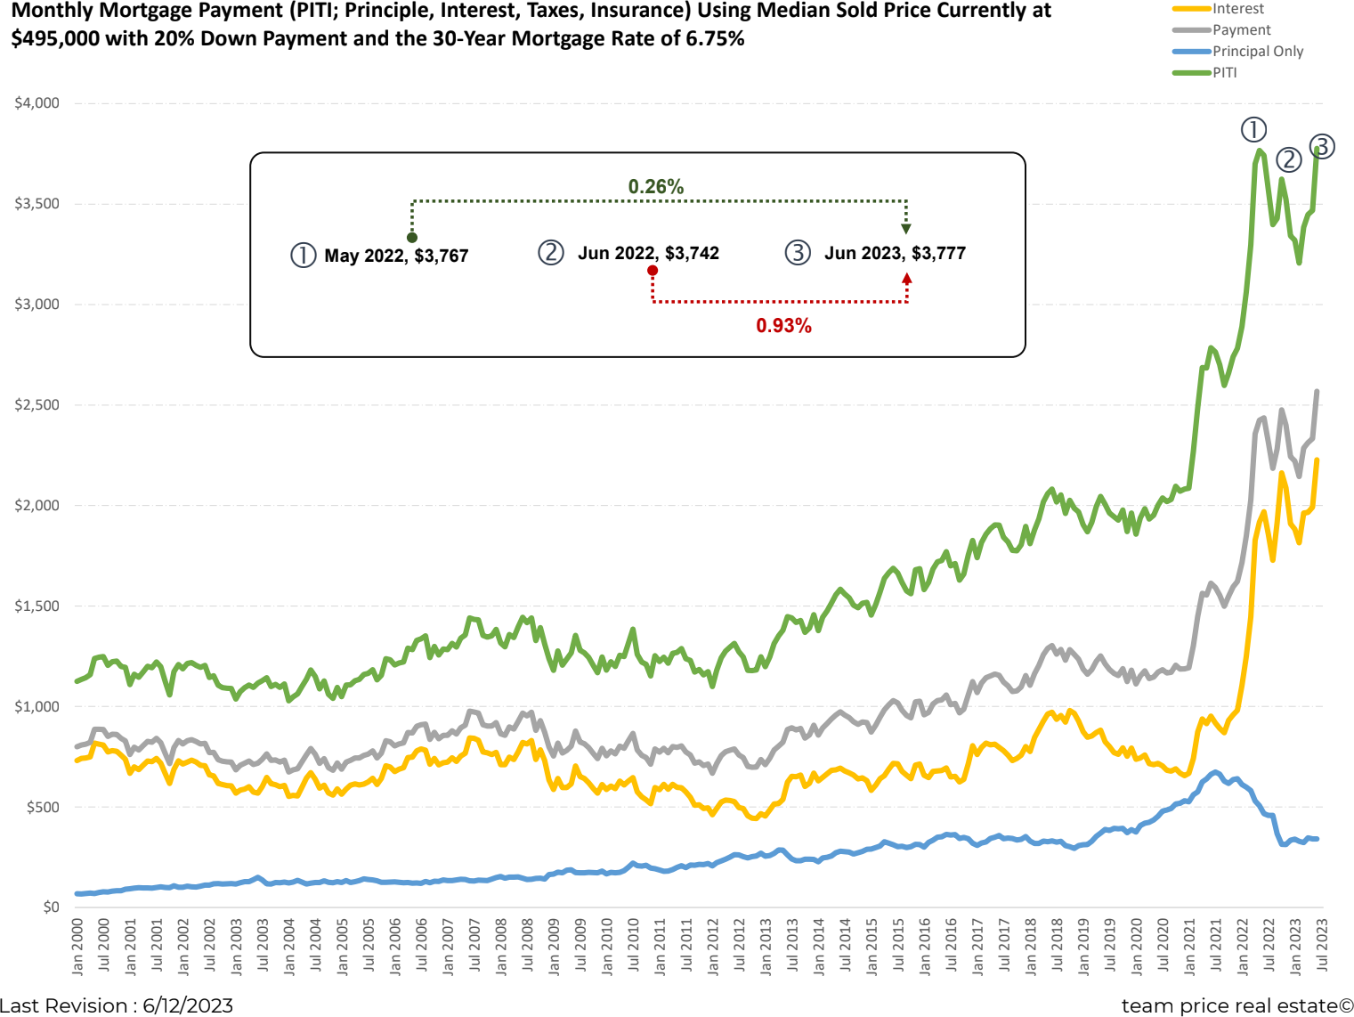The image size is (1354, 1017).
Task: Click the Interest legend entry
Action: click(1237, 9)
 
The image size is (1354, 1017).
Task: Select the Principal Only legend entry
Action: click(1257, 52)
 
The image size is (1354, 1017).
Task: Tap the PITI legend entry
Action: click(1225, 73)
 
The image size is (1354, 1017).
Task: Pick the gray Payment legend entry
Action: click(1241, 30)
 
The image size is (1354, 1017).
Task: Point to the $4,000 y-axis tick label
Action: click(37, 103)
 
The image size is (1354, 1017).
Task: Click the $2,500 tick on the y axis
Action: click(37, 405)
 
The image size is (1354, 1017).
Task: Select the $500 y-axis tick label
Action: click(43, 808)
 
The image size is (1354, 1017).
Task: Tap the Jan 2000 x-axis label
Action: click(77, 946)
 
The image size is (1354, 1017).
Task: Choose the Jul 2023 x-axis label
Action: click(1322, 946)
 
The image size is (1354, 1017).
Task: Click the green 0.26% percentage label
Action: click(656, 187)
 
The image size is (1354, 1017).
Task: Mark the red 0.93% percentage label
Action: click(783, 326)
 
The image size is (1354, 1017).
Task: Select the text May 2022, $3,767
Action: click(396, 256)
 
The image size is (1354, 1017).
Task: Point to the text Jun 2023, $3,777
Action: click(895, 254)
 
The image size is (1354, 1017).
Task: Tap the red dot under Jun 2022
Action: click(653, 271)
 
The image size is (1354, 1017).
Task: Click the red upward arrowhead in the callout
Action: click(906, 279)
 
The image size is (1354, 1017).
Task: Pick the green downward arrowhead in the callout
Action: click(906, 229)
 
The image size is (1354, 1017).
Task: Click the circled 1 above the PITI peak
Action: click(1253, 130)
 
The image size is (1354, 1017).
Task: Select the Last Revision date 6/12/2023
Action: click(188, 1005)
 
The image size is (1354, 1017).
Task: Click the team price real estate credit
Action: click(1236, 1005)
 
